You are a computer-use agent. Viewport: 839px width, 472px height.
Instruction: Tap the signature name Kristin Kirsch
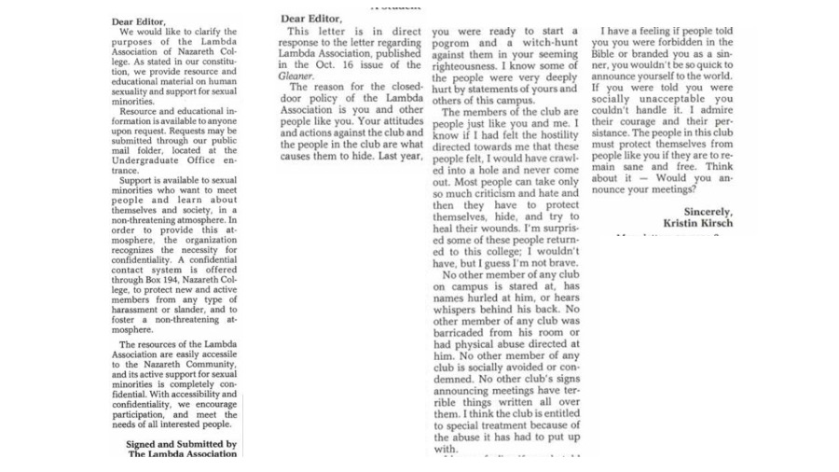tap(698, 224)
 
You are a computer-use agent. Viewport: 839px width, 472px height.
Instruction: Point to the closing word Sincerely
tap(708, 212)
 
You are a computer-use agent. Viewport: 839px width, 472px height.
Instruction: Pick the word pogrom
tap(457, 43)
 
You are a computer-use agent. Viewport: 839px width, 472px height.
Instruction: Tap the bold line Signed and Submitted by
tap(181, 444)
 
